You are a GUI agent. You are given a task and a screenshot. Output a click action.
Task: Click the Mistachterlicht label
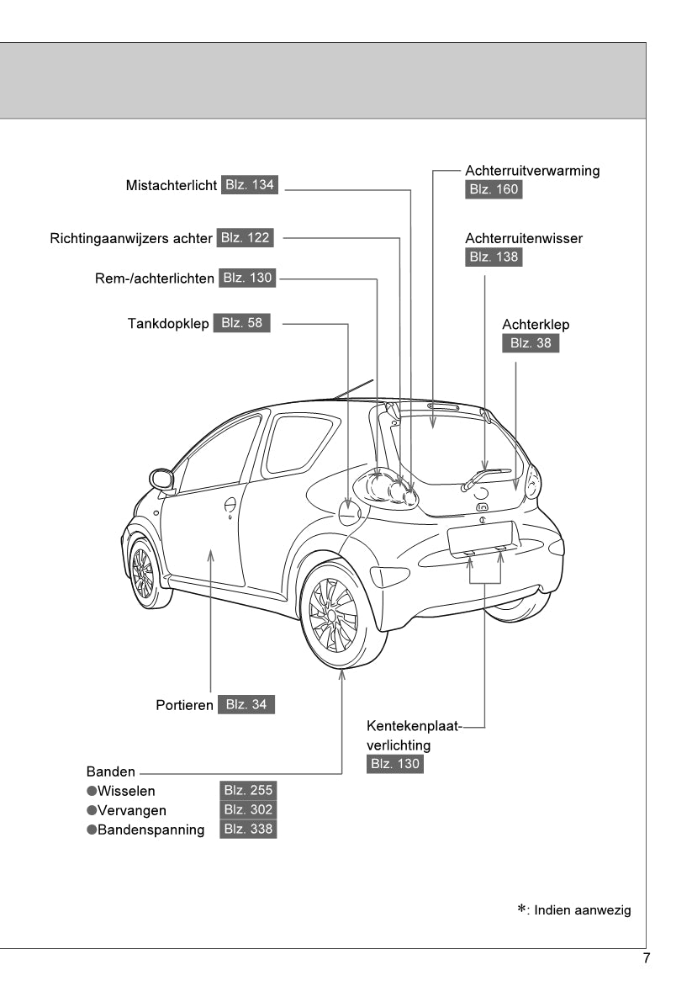172,186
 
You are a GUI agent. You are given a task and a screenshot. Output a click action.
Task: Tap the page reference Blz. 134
250,185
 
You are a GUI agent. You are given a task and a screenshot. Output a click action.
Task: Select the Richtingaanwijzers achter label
131,238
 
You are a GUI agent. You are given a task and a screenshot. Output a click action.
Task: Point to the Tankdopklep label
168,323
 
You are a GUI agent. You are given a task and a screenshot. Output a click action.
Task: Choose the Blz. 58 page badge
242,323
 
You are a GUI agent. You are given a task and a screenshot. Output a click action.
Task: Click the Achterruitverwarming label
532,171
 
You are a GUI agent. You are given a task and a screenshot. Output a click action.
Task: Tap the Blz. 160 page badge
494,189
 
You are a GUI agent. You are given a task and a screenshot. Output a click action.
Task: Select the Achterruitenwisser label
524,239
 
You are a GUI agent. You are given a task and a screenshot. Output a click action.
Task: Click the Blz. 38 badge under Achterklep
531,343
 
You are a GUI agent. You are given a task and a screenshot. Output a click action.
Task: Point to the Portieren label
184,705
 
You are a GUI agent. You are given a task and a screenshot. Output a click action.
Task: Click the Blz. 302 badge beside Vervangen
248,810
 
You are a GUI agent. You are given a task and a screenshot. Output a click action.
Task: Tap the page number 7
646,958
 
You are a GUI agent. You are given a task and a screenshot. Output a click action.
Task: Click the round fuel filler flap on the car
349,512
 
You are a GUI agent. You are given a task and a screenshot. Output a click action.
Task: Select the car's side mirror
161,480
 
